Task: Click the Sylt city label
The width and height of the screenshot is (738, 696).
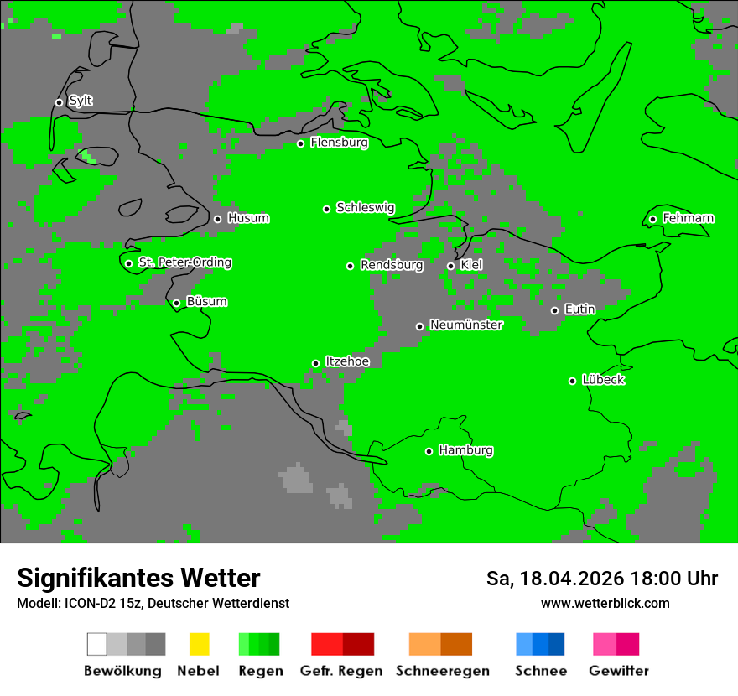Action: pos(81,101)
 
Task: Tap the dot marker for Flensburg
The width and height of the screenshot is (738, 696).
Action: pos(300,143)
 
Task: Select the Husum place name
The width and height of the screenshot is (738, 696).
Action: pos(248,218)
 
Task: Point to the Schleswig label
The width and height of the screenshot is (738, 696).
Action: pos(365,207)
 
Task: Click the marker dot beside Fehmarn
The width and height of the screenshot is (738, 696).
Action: pos(652,219)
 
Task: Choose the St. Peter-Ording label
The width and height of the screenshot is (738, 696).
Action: pos(184,262)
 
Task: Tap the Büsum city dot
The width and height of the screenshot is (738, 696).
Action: pos(176,303)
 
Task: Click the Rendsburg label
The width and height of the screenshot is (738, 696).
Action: pos(392,265)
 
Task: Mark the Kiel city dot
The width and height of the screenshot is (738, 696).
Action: pos(450,266)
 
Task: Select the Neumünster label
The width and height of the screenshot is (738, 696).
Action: pos(466,325)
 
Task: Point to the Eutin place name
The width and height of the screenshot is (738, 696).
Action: pos(579,309)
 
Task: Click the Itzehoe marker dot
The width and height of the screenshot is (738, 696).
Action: pos(315,363)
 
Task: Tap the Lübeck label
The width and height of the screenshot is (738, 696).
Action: pos(603,380)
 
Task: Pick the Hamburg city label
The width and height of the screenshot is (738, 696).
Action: pos(465,450)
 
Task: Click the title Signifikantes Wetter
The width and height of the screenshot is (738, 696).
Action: pos(138,578)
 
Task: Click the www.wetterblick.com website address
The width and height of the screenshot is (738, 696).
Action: pos(605,603)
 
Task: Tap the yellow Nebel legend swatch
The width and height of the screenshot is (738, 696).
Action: pos(199,644)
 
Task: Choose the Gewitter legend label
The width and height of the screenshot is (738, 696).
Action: pos(618,671)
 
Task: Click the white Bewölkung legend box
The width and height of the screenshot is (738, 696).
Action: pos(97,644)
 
